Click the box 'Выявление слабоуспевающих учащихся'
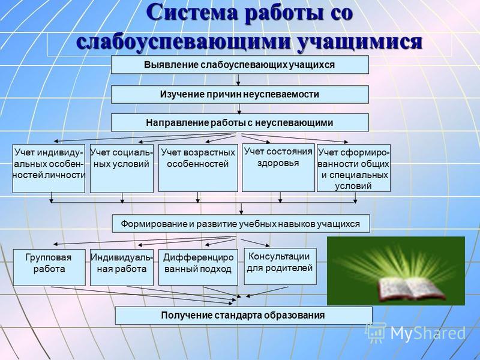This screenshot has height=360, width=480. click(239, 65)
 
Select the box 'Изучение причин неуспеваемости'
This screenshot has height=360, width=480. click(239, 94)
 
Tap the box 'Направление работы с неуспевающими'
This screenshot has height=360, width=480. click(239, 123)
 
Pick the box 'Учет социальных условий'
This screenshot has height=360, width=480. click(122, 169)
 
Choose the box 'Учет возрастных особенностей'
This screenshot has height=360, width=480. click(198, 168)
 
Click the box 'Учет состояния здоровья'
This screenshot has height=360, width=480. click(278, 168)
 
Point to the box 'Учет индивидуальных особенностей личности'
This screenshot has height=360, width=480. click(49, 169)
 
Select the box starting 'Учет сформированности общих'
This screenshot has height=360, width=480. click(353, 168)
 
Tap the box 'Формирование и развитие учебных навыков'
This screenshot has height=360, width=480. click(241, 224)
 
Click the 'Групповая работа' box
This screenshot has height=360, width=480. click(49, 267)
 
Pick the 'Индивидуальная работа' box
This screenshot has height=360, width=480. click(122, 267)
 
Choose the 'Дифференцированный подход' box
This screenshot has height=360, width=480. click(198, 267)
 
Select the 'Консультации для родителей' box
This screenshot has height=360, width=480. click(280, 266)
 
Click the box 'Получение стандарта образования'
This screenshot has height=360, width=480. click(244, 316)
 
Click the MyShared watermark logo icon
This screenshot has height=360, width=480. click(376, 333)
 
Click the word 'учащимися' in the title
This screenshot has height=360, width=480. click(360, 41)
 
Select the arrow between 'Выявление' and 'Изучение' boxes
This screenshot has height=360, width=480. click(238, 80)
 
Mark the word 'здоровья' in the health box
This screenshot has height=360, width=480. click(278, 163)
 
